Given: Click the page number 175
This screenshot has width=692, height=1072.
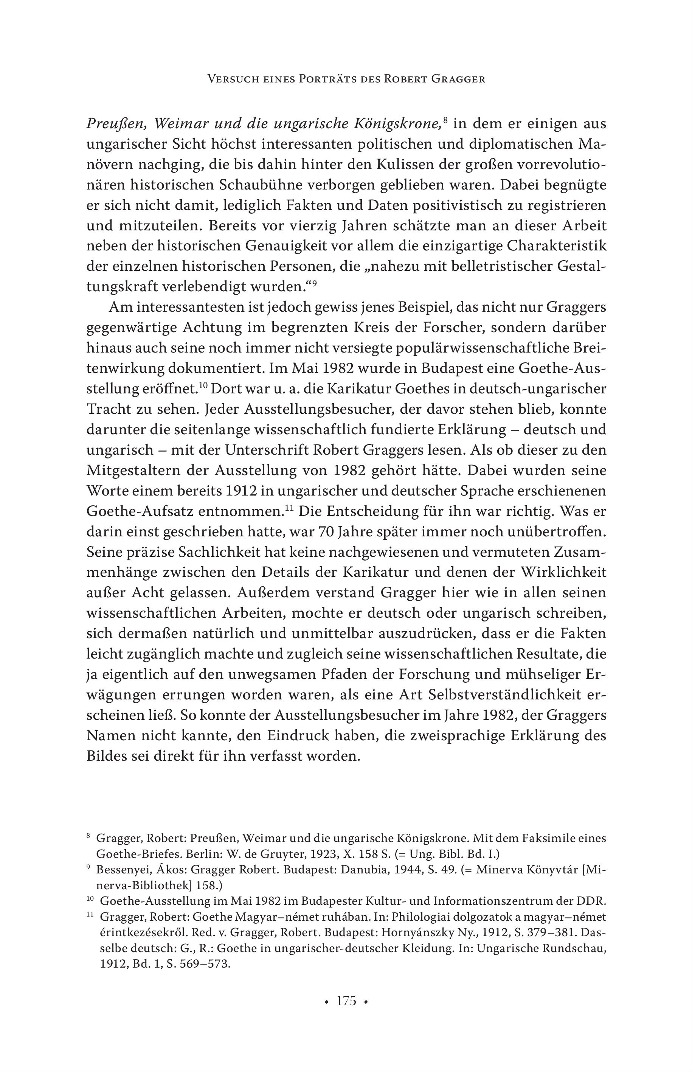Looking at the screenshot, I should (346, 1001).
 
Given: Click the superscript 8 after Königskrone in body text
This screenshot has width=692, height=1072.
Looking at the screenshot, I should (445, 120).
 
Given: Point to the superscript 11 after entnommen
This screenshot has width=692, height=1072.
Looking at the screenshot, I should (289, 508).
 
